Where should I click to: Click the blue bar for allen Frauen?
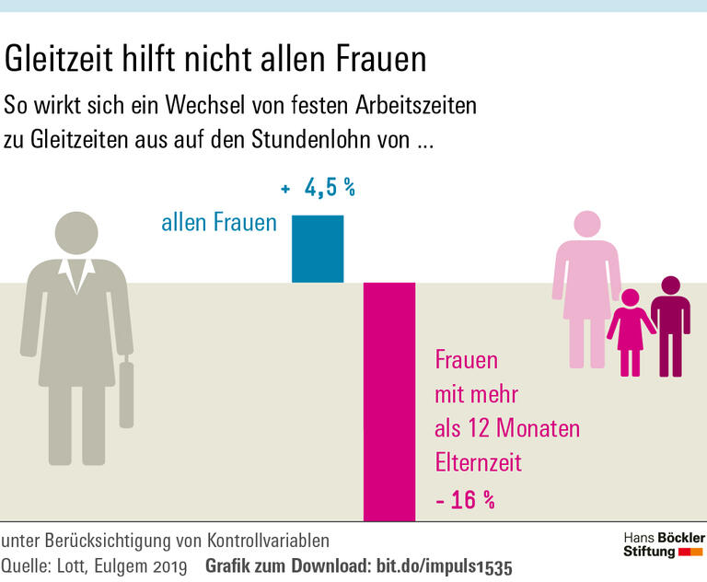(318, 249)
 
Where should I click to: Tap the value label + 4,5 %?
(318, 189)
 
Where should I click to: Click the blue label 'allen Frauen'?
(219, 223)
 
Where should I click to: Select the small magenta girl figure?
(631, 332)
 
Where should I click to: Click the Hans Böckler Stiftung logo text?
(663, 543)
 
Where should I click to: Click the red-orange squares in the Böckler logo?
(690, 552)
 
